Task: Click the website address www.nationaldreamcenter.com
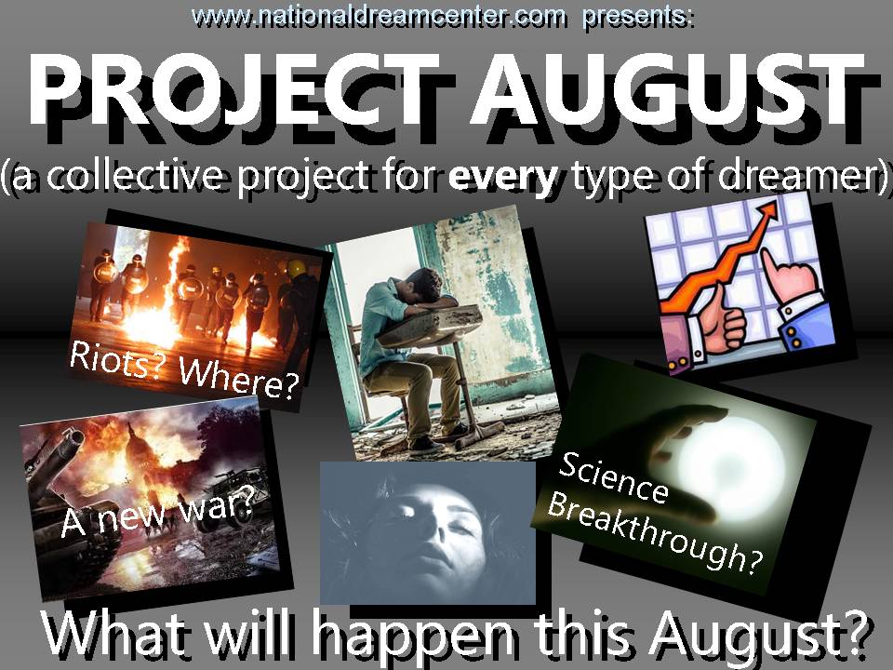[x=380, y=16]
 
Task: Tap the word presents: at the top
[x=638, y=16]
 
